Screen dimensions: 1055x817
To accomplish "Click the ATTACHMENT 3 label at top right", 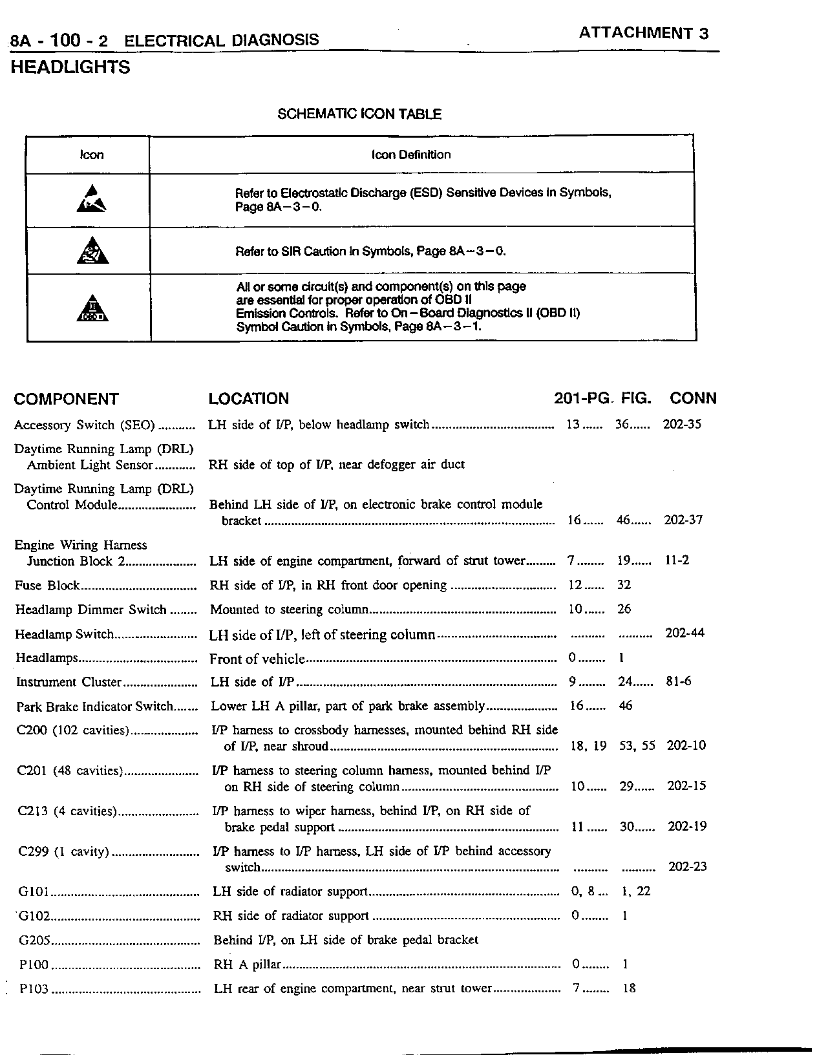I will (x=643, y=33).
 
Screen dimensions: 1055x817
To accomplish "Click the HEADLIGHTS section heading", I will (x=70, y=67).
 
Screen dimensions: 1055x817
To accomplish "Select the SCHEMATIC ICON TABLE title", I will (x=359, y=114).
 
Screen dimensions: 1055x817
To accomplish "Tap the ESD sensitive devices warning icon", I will (x=91, y=199).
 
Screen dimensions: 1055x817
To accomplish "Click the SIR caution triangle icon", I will (x=92, y=250).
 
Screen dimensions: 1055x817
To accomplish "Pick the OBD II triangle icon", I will (x=92, y=308).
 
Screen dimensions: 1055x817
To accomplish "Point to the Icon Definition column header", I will (x=410, y=155).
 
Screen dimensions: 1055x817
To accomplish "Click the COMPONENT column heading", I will (x=67, y=399).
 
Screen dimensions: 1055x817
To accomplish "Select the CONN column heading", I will (x=693, y=398).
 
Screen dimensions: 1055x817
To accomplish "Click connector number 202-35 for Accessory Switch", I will (x=682, y=425).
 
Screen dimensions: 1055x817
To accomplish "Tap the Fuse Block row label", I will (x=47, y=586).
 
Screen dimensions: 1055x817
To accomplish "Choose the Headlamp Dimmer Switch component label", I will (x=90, y=610).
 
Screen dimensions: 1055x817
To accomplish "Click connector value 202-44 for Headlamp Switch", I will (x=684, y=634).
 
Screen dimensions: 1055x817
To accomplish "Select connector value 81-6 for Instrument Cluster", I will (x=678, y=681).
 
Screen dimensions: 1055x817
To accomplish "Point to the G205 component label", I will (x=34, y=941).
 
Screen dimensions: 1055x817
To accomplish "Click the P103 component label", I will (x=34, y=989).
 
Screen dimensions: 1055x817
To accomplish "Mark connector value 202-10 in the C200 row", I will (x=686, y=746).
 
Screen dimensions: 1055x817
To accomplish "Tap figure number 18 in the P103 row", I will (x=629, y=988).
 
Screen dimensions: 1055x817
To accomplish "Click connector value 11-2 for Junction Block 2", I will (x=677, y=560).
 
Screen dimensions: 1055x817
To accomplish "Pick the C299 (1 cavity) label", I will (x=63, y=851).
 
